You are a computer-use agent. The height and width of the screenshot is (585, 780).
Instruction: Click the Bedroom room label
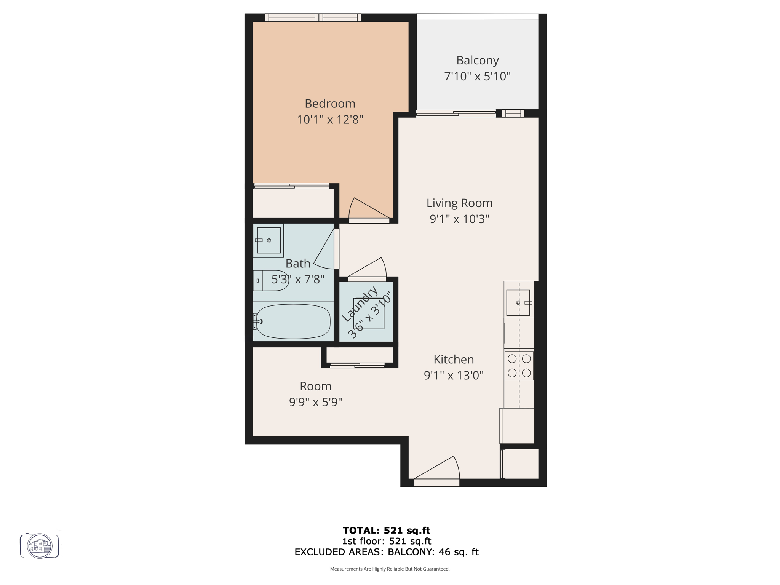pos(330,104)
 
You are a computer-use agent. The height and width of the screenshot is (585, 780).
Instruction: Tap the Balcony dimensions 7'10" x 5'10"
pos(477,76)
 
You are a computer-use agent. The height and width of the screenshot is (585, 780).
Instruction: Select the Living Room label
pos(459,203)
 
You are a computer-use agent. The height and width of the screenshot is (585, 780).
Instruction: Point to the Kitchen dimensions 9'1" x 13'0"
pos(454,376)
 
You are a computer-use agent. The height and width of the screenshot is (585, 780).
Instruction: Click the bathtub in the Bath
pos(293,321)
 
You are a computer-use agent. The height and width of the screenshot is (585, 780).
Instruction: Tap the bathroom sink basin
pos(269,240)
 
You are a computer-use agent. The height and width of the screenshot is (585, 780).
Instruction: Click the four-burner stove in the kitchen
pos(519,366)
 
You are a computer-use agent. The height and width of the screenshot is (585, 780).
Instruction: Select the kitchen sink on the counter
pos(518,303)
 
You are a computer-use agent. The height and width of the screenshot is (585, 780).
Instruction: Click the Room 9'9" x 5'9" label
pos(315,394)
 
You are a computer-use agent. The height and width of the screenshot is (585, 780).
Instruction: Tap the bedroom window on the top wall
pos(313,18)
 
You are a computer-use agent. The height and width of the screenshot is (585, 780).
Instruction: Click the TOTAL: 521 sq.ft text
pos(386,530)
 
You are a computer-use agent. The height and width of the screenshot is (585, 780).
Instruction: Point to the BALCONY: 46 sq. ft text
pos(433,552)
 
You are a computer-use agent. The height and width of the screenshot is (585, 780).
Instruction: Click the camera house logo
pos(40,546)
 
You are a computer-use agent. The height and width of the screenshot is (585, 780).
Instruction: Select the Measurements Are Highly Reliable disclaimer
pos(390,569)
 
